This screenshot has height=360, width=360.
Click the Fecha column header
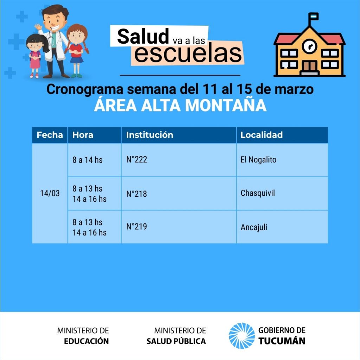[50, 135]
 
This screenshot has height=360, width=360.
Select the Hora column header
[94, 135]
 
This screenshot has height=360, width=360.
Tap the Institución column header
[179, 135]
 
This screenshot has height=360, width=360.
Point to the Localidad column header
[282, 135]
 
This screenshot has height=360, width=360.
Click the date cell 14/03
[50, 193]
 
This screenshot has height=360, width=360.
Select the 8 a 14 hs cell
[94, 160]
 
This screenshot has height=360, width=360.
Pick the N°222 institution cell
[179, 160]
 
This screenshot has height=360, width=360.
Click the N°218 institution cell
[179, 194]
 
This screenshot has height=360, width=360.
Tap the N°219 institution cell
[179, 227]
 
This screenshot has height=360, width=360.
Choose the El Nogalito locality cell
[282, 160]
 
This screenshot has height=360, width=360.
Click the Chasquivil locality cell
[282, 194]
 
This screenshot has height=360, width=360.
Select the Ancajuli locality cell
[282, 227]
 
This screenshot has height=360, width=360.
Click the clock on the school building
[309, 46]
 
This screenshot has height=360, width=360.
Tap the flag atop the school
[314, 17]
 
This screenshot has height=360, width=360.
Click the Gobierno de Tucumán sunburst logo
[242, 336]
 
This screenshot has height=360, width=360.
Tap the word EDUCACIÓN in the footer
[86, 341]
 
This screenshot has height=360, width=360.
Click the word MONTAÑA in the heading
[226, 105]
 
